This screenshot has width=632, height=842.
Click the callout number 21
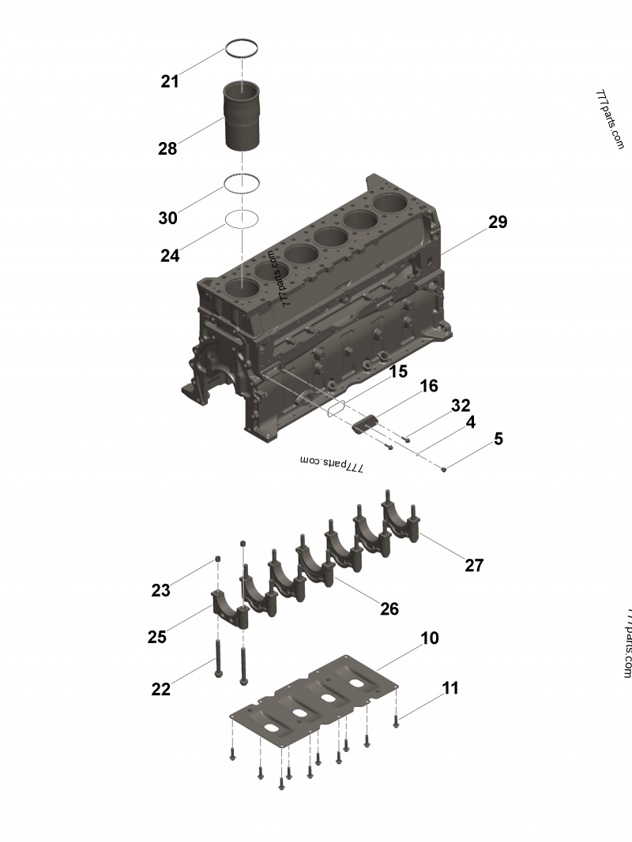click(x=170, y=80)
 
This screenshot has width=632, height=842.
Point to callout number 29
click(x=497, y=222)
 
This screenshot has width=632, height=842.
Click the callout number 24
click(x=170, y=256)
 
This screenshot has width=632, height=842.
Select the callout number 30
click(x=167, y=218)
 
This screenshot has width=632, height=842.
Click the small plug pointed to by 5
click(x=444, y=470)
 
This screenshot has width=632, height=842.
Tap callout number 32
click(x=461, y=406)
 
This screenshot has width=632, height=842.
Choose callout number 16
click(x=428, y=386)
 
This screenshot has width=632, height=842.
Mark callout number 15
click(x=398, y=371)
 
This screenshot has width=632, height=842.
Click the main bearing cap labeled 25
click(x=229, y=608)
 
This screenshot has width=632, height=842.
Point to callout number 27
click(x=474, y=565)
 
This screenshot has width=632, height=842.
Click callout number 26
click(x=389, y=608)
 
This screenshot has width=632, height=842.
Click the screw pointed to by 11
click(x=397, y=720)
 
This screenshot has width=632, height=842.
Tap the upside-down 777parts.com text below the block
click(x=332, y=464)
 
